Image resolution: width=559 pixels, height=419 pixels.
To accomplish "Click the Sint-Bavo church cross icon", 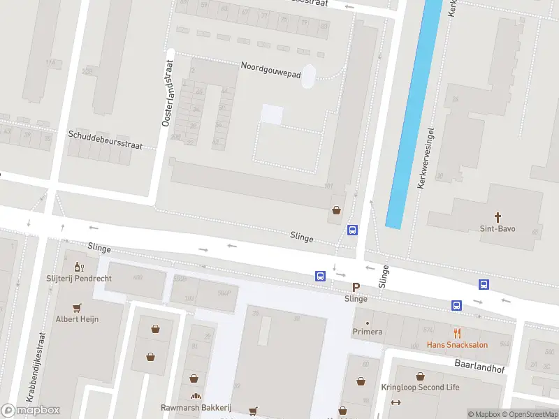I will coord(498,217).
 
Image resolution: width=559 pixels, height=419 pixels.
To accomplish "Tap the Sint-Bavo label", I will coord(498,229).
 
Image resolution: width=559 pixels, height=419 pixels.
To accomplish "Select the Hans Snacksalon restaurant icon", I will coord(458,333).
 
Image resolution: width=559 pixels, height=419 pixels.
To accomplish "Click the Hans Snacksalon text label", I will coord(458,345).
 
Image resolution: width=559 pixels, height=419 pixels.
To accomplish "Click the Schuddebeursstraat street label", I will coord(105,140).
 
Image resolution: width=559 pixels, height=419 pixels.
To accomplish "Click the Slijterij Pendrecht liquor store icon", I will coord(78,267).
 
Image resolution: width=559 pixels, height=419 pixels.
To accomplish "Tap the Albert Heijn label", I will coord(77,319).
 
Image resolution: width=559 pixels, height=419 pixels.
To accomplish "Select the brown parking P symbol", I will coord(356,287).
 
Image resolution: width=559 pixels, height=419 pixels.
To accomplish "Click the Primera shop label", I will coord(368,332).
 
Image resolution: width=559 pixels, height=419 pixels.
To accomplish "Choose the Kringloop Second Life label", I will coord(420,388).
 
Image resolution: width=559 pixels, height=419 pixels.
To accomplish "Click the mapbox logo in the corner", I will coord(30,411).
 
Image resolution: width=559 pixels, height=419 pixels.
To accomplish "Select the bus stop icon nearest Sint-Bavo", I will coord(484,284).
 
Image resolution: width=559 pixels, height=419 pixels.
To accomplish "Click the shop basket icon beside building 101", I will coord(337,209).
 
